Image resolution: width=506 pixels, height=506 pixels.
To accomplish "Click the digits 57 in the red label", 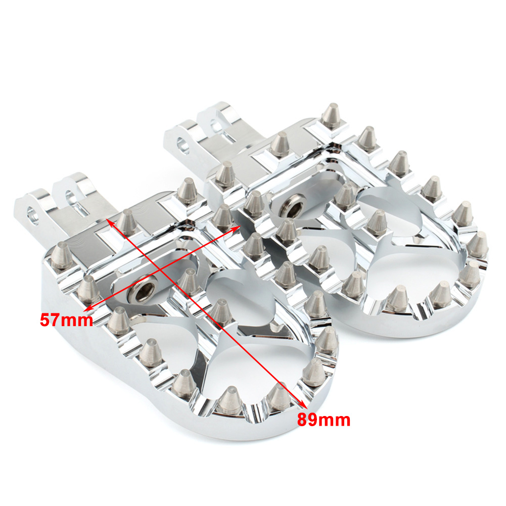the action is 50,320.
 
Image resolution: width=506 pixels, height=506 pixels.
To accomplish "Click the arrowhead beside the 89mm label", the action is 303,404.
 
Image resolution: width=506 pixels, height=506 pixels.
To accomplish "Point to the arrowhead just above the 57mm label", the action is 89,307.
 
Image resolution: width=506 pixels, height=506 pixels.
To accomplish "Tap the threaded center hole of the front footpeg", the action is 143,292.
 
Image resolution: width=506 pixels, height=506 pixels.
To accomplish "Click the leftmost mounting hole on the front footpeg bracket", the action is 32,215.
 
